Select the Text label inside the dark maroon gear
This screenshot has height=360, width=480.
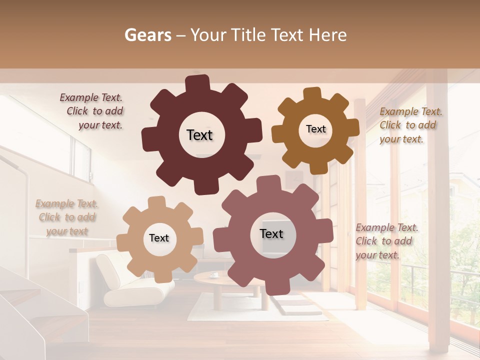199,135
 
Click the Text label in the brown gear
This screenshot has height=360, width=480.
315,129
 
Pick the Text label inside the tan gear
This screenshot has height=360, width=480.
159,238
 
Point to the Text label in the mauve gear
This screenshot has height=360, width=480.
271,233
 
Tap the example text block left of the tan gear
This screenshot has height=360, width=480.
67,217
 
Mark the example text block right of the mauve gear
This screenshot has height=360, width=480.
386,241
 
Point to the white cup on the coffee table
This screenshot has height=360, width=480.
213,274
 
